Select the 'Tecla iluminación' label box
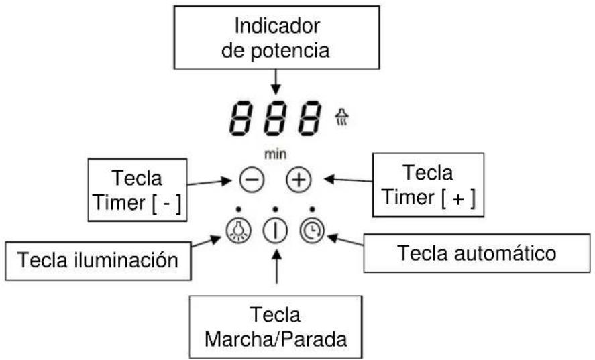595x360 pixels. pyautogui.click(x=98, y=260)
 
